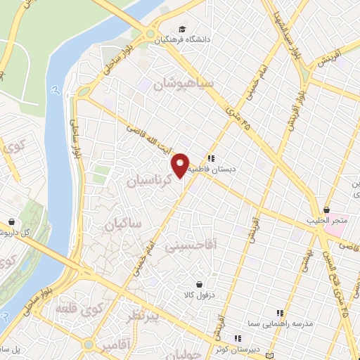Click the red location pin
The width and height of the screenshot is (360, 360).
tap(181, 164)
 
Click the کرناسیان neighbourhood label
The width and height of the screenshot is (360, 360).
tap(150, 180)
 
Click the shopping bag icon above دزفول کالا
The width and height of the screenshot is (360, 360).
tap(200, 285)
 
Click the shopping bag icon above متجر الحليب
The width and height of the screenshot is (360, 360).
tap(327, 210)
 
